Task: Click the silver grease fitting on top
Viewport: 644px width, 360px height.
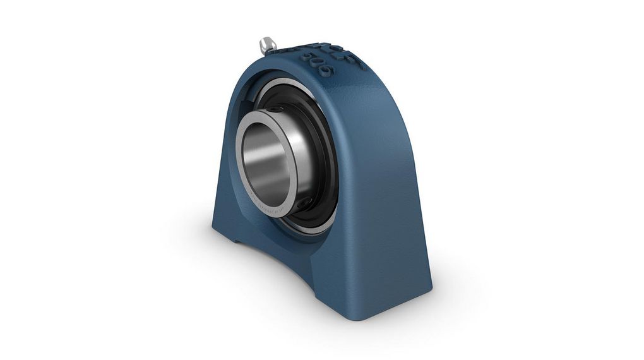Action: coord(267,45)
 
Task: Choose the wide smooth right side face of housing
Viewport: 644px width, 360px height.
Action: coord(391,189)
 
